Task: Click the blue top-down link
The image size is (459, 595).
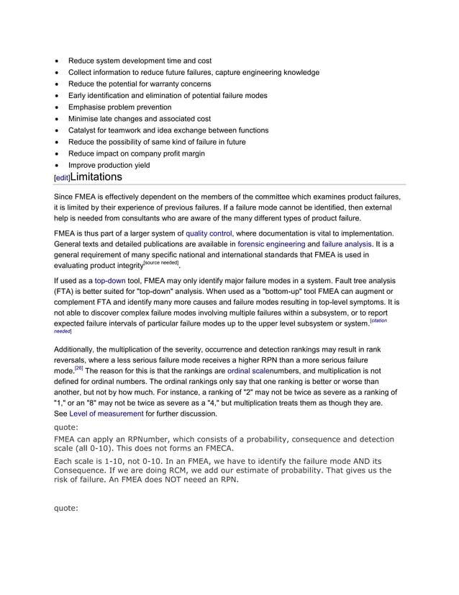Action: click(110, 280)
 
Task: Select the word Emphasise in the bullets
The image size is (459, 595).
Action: click(88, 107)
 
